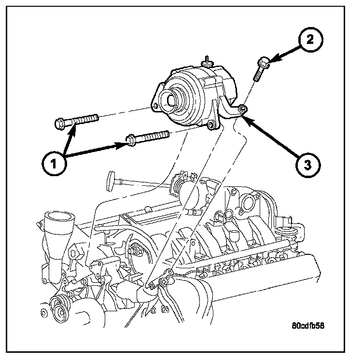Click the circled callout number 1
point(54,164)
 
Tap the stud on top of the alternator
point(207,61)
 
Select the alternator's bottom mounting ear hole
point(210,126)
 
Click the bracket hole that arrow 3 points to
point(243,109)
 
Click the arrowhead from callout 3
point(247,115)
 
